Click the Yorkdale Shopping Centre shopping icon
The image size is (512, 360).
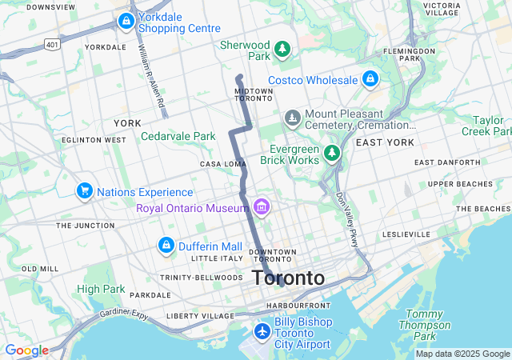pos(126,21)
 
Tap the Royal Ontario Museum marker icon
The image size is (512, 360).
pos(260,208)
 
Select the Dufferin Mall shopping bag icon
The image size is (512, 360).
pos(166,245)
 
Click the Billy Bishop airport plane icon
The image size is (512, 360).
pos(262,331)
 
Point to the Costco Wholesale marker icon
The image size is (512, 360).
pos(370,79)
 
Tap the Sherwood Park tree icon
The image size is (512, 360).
pos(282,50)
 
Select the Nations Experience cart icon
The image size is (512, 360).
pos(84,191)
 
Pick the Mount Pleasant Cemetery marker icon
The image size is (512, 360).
pos(293,119)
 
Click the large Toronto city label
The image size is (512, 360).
pos(288,278)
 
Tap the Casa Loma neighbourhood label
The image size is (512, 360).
pos(222,164)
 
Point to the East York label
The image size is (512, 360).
pos(385,142)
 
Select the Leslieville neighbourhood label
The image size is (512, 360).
pos(406,234)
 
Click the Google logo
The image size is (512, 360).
pos(26,350)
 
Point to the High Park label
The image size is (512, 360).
pos(101,289)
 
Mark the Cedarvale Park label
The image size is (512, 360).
pos(178,136)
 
